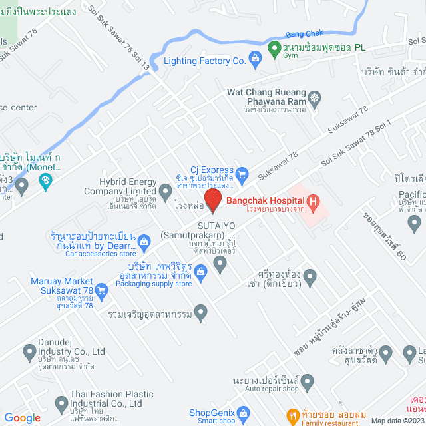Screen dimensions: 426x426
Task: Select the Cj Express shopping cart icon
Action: [x=243, y=175]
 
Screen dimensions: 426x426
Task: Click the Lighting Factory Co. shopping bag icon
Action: [x=256, y=61]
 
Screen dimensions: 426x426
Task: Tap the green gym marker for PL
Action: [x=273, y=48]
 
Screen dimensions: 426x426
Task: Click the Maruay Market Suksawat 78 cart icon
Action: [x=102, y=290]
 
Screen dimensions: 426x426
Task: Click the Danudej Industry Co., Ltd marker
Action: [x=29, y=351]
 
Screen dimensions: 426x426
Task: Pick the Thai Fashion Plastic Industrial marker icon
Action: [x=62, y=403]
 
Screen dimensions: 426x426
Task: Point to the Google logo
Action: [x=22, y=417]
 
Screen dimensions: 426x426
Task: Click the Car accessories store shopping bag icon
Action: [x=142, y=240]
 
